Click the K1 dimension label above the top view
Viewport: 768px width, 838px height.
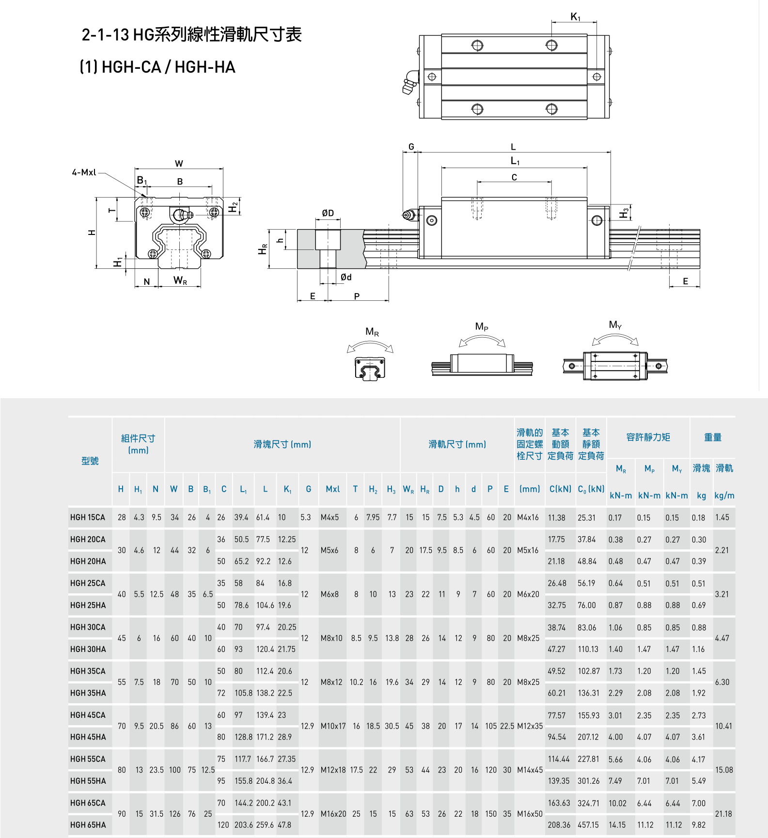click(x=575, y=17)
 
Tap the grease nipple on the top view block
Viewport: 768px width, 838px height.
click(x=410, y=83)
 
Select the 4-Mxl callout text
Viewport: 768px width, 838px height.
click(x=84, y=172)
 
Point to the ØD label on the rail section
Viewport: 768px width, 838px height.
click(x=328, y=213)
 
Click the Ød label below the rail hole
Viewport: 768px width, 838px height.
click(x=346, y=277)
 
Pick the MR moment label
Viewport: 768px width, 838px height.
click(x=372, y=332)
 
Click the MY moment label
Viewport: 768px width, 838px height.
click(x=615, y=325)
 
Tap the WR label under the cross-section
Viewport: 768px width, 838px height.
click(x=180, y=281)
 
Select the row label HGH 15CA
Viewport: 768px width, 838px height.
click(x=88, y=517)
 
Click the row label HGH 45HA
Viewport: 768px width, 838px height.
click(x=88, y=737)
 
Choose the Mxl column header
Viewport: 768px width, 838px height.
click(x=332, y=489)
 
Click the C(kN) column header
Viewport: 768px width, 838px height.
click(x=560, y=489)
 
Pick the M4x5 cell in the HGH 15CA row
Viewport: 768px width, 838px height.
click(x=329, y=517)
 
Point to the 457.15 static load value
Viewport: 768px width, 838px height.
click(x=588, y=825)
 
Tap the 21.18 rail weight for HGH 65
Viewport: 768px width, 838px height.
click(x=723, y=814)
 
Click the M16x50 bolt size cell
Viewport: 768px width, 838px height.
click(x=530, y=814)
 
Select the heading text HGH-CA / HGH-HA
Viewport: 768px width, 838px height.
click(x=157, y=67)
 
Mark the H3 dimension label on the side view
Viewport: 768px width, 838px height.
click(x=625, y=212)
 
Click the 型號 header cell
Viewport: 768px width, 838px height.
click(x=90, y=461)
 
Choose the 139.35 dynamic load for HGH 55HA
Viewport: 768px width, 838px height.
click(x=559, y=781)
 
